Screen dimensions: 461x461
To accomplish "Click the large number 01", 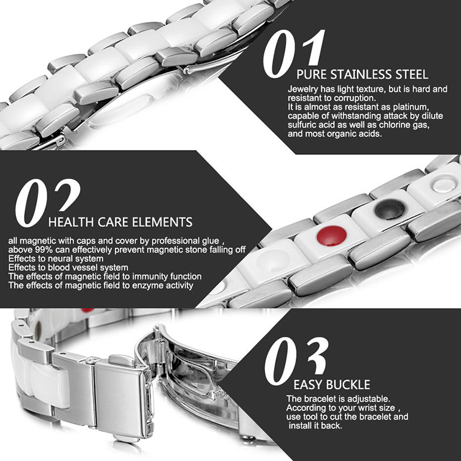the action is click(293, 53).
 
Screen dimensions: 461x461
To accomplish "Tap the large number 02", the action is click(47, 203).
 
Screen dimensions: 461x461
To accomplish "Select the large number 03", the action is click(296, 361).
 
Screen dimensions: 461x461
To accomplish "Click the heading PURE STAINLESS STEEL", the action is click(362, 74).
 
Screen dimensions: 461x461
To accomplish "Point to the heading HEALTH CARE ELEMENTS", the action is click(120, 223).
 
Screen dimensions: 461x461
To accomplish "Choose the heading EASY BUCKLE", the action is click(332, 385).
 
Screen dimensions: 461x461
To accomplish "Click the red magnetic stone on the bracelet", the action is click(332, 235).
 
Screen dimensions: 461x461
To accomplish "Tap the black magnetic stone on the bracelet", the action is click(390, 209).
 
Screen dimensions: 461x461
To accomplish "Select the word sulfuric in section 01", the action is click(304, 125).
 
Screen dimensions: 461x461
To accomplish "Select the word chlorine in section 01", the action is click(396, 125).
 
